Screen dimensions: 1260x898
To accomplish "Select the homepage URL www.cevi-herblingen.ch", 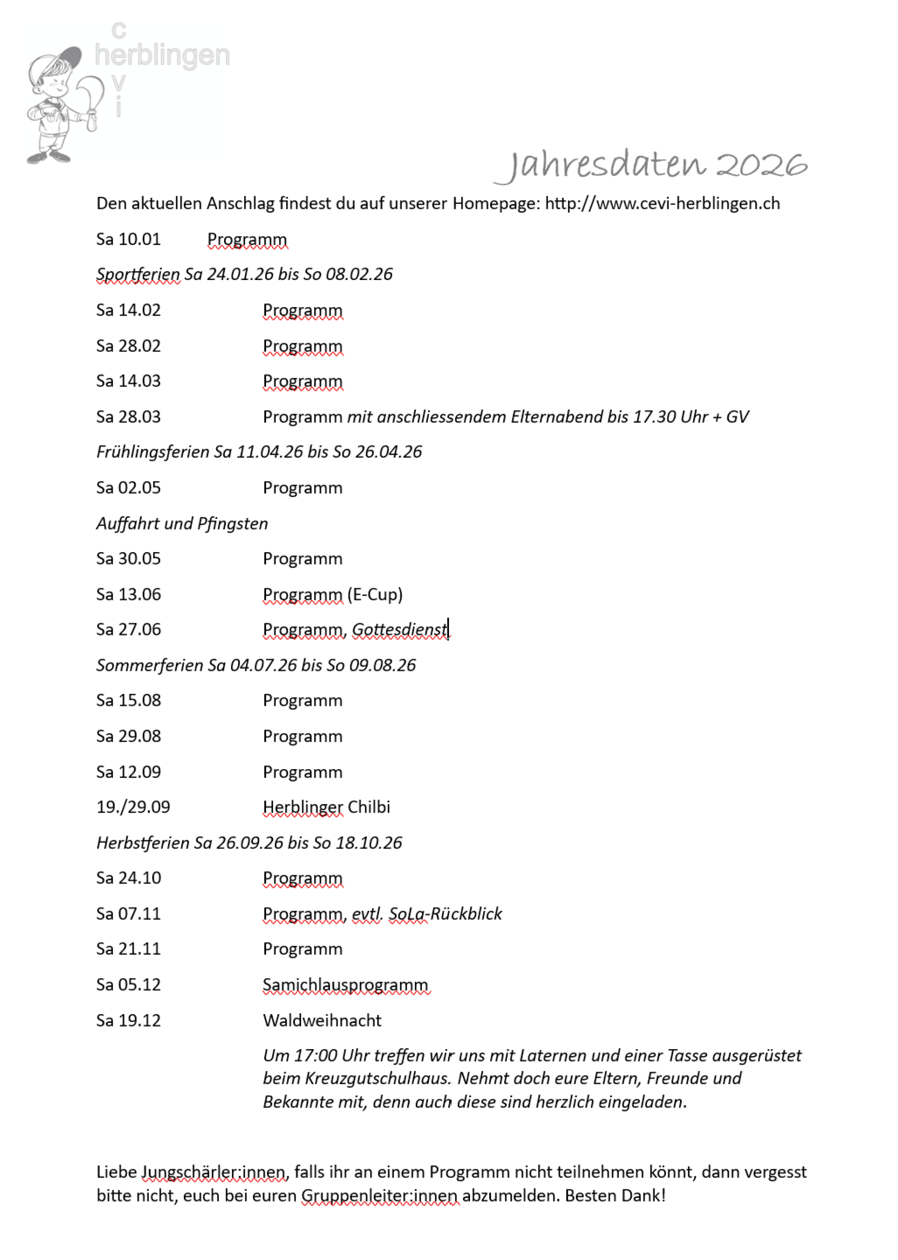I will (x=662, y=203).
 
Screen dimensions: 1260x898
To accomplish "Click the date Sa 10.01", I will (x=128, y=239).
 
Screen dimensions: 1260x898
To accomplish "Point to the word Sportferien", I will (x=138, y=274).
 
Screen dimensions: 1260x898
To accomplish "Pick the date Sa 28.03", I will (x=128, y=417).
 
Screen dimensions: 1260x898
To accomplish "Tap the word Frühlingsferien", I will (x=152, y=452).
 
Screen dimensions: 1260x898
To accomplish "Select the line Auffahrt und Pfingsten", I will (x=182, y=523).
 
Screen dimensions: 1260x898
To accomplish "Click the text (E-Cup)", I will (x=375, y=595).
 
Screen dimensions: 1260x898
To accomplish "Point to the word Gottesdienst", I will (x=399, y=630).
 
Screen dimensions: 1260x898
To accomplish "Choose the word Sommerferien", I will (x=149, y=665).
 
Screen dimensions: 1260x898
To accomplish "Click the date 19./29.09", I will (x=133, y=807).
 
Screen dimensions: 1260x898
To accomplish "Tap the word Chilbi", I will (x=369, y=807).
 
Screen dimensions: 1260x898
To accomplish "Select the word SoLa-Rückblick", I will (x=445, y=914).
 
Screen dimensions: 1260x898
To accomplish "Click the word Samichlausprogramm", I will (x=346, y=985).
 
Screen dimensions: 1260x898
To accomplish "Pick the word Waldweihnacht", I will (x=322, y=1020).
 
